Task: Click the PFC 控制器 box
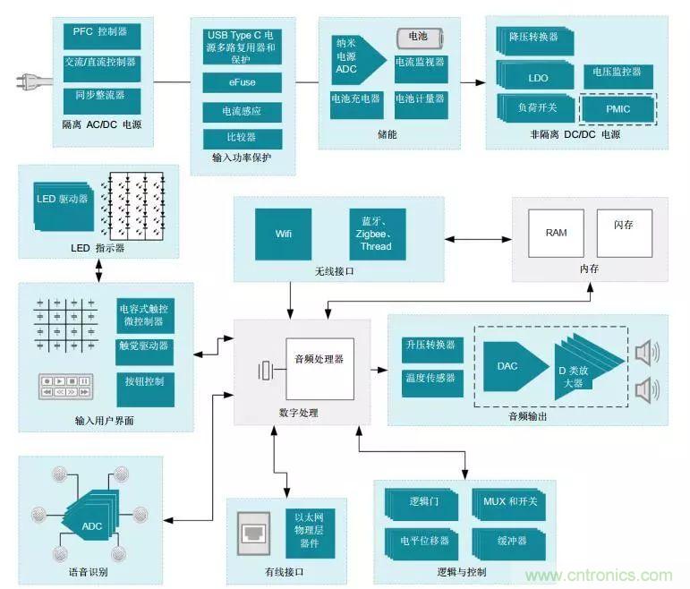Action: pos(100,32)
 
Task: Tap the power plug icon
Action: pos(29,81)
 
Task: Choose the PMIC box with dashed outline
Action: pos(618,109)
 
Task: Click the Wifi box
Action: pos(283,235)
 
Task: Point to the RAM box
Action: pos(556,233)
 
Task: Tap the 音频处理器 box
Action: pos(319,368)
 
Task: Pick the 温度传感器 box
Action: pos(429,379)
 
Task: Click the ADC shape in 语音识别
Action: pos(93,525)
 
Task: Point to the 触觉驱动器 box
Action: pos(144,347)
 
